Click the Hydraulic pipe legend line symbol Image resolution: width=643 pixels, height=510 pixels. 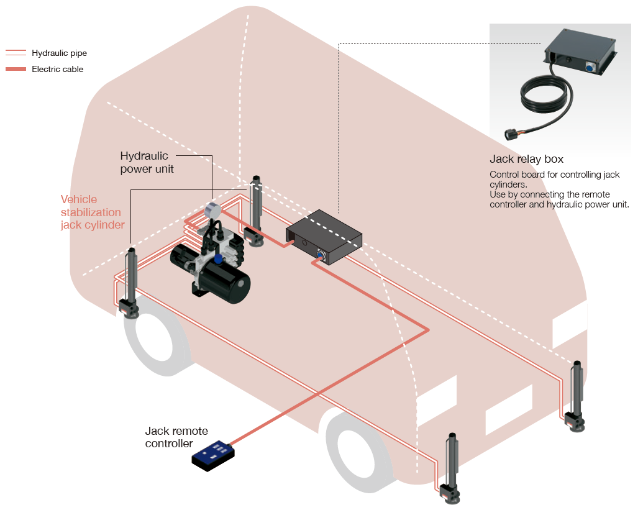(16, 53)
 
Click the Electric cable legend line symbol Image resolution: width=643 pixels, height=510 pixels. (16, 69)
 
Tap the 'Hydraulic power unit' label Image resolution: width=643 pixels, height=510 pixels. (147, 162)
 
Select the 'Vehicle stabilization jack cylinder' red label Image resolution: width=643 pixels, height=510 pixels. (93, 212)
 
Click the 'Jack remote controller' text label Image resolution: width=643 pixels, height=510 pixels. (176, 437)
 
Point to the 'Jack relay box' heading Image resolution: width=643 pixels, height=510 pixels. (526, 160)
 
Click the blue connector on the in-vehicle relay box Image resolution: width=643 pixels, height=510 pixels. (321, 253)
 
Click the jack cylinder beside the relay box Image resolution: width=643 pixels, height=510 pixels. (255, 211)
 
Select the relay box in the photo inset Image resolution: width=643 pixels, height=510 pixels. (581, 53)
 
